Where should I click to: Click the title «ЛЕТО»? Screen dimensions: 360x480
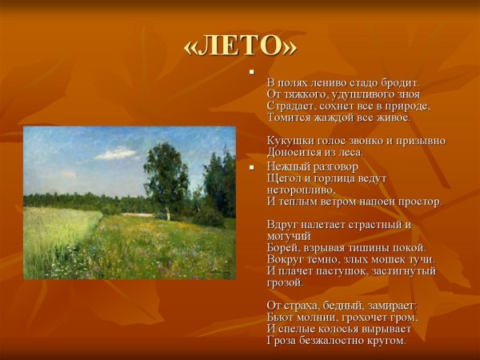[x=240, y=46]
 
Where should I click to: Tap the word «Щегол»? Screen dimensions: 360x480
[x=283, y=178]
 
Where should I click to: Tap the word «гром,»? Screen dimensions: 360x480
[x=401, y=317]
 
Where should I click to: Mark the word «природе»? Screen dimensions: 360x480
[x=408, y=106]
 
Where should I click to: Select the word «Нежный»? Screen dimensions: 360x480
[x=286, y=166]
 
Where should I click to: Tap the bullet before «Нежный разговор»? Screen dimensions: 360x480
[x=252, y=166]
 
